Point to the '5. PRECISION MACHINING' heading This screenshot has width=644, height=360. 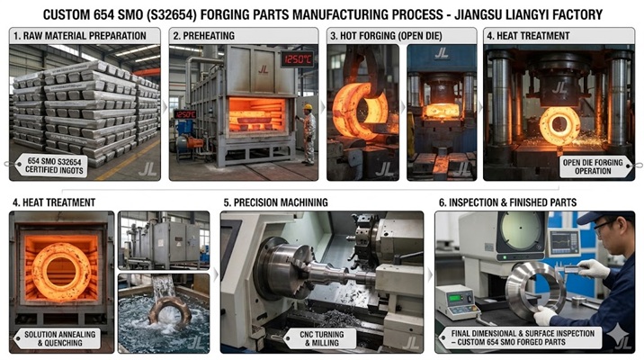coord(275,202)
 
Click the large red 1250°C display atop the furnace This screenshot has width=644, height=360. coord(296,58)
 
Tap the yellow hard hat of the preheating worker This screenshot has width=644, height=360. coord(308,108)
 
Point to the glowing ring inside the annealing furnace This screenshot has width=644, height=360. coord(61,273)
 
